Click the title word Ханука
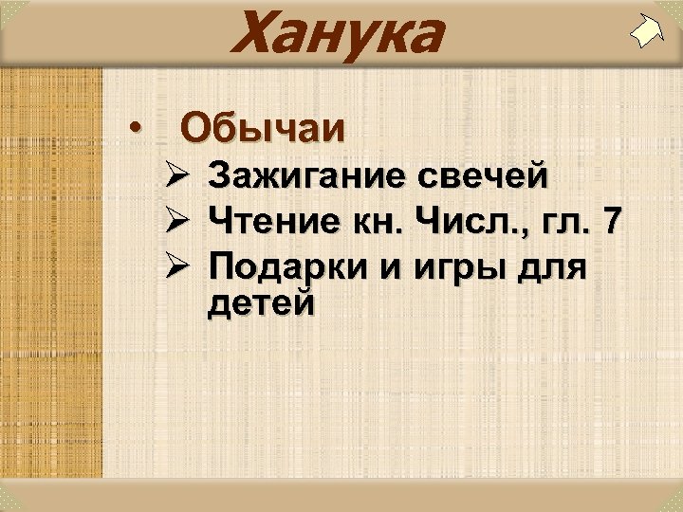click(336, 33)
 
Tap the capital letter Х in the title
click(255, 33)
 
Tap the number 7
click(613, 222)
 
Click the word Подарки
click(289, 267)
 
